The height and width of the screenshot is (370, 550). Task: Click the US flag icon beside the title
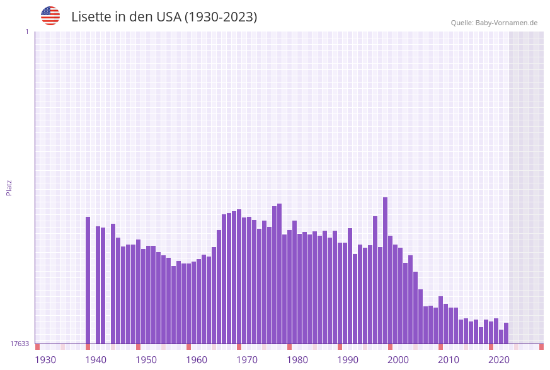coord(50,16)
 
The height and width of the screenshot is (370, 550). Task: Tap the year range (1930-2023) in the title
coord(221,17)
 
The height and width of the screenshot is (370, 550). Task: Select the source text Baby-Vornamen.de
coord(506,23)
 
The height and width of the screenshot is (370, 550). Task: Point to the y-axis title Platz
coord(9,187)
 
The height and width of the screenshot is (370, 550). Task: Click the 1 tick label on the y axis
coord(26,32)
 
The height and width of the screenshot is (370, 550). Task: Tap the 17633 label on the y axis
coord(20,344)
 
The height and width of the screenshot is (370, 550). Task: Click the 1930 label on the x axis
coord(45,360)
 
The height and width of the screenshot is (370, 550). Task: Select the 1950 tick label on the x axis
coord(146,360)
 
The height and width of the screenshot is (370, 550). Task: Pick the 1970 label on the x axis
coord(247,360)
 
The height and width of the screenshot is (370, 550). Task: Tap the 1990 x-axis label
coord(348,360)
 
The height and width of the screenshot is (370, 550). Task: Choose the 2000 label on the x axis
coord(398,360)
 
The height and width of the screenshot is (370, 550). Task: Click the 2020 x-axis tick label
coord(499,360)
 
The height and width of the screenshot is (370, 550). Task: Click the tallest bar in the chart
coord(385,271)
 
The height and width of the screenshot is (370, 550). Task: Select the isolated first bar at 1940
coord(88,280)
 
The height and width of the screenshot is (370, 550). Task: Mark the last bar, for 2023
coord(506,333)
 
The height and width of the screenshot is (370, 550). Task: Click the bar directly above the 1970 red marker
coord(239,277)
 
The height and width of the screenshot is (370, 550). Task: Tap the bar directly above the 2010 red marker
coord(440,320)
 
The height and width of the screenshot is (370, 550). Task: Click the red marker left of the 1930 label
coord(37,347)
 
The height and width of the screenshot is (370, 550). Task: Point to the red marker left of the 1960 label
coord(188,347)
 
